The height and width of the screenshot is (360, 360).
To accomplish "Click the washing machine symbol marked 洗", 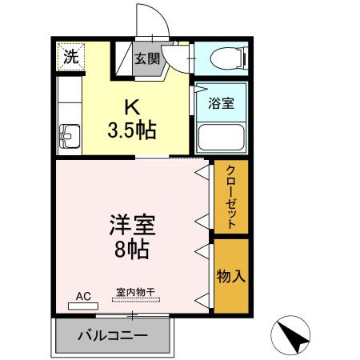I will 71,58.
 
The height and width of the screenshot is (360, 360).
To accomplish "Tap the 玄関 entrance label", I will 147,58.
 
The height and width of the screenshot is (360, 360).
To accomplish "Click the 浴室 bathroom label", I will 221,103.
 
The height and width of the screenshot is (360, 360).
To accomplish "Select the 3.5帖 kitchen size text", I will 133,129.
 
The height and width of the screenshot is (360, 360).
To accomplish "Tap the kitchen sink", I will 70,138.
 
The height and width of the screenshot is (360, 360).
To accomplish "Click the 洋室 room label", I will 132,225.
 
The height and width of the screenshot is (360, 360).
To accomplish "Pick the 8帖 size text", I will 132,249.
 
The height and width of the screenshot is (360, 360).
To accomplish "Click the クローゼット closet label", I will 231,198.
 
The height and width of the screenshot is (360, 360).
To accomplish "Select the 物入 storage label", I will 231,276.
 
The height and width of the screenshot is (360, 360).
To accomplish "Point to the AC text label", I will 84,296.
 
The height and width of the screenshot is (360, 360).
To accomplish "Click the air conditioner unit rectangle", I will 84,306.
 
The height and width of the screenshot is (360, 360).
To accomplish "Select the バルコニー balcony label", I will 112,335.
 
